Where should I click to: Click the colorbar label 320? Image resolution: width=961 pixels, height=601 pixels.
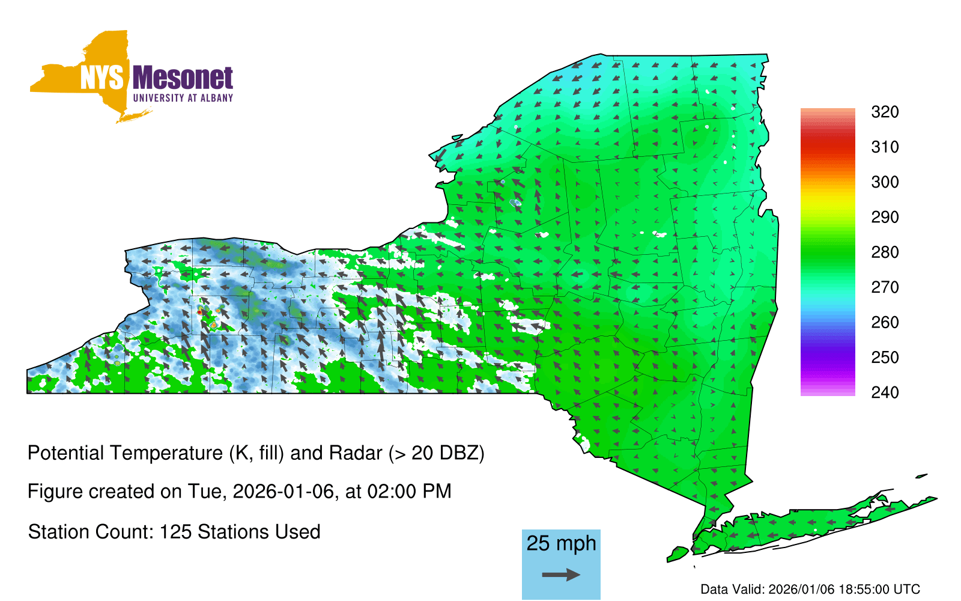[x=885, y=112]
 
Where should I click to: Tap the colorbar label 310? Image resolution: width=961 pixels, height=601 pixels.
[x=885, y=147]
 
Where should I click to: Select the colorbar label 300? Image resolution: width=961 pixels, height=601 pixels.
[x=885, y=182]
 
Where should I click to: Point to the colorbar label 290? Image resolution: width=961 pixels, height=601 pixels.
[x=885, y=217]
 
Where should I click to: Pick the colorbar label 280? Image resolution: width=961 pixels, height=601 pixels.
[x=885, y=252]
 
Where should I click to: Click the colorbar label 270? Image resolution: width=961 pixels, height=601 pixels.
[x=885, y=287]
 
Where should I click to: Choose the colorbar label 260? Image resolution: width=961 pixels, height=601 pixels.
[x=885, y=322]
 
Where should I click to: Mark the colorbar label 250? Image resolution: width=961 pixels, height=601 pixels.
[x=885, y=357]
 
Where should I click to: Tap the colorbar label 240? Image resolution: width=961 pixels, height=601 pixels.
[x=885, y=392]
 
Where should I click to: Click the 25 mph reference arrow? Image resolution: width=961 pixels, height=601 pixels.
[x=561, y=575]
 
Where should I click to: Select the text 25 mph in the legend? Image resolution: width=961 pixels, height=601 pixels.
[x=561, y=543]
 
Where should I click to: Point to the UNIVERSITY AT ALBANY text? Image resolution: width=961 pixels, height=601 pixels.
[x=183, y=98]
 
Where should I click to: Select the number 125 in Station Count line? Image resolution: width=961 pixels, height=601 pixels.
[x=175, y=532]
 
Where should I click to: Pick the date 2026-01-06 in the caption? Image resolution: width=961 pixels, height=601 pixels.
[x=283, y=492]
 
